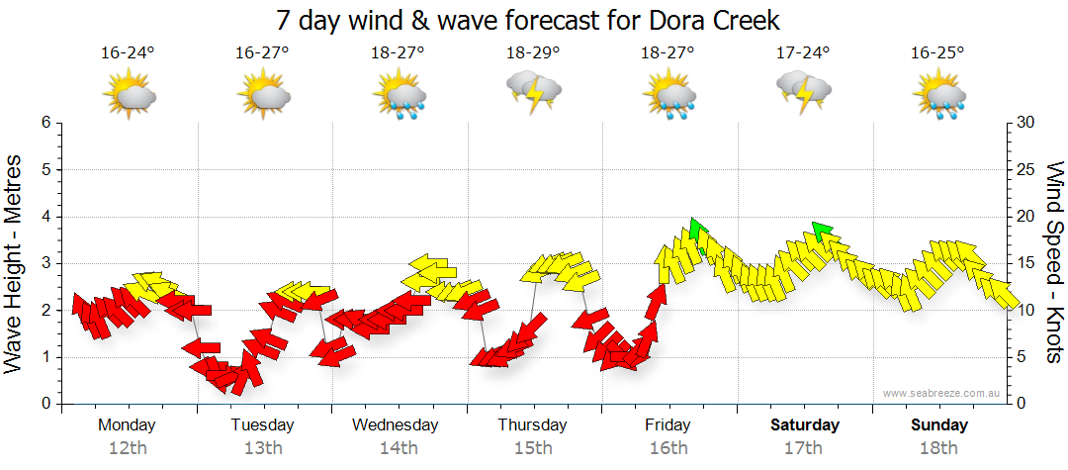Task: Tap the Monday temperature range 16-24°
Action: (128, 52)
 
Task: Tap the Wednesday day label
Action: (396, 425)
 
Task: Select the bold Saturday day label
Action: (804, 425)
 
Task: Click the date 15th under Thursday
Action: (533, 448)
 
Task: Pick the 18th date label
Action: (939, 448)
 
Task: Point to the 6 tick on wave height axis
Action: (44, 123)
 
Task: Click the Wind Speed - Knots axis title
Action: (1053, 262)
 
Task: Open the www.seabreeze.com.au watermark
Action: (942, 394)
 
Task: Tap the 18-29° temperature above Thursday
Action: (533, 52)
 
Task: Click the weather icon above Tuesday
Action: (263, 94)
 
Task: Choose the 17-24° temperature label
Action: (803, 52)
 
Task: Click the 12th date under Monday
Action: (128, 448)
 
